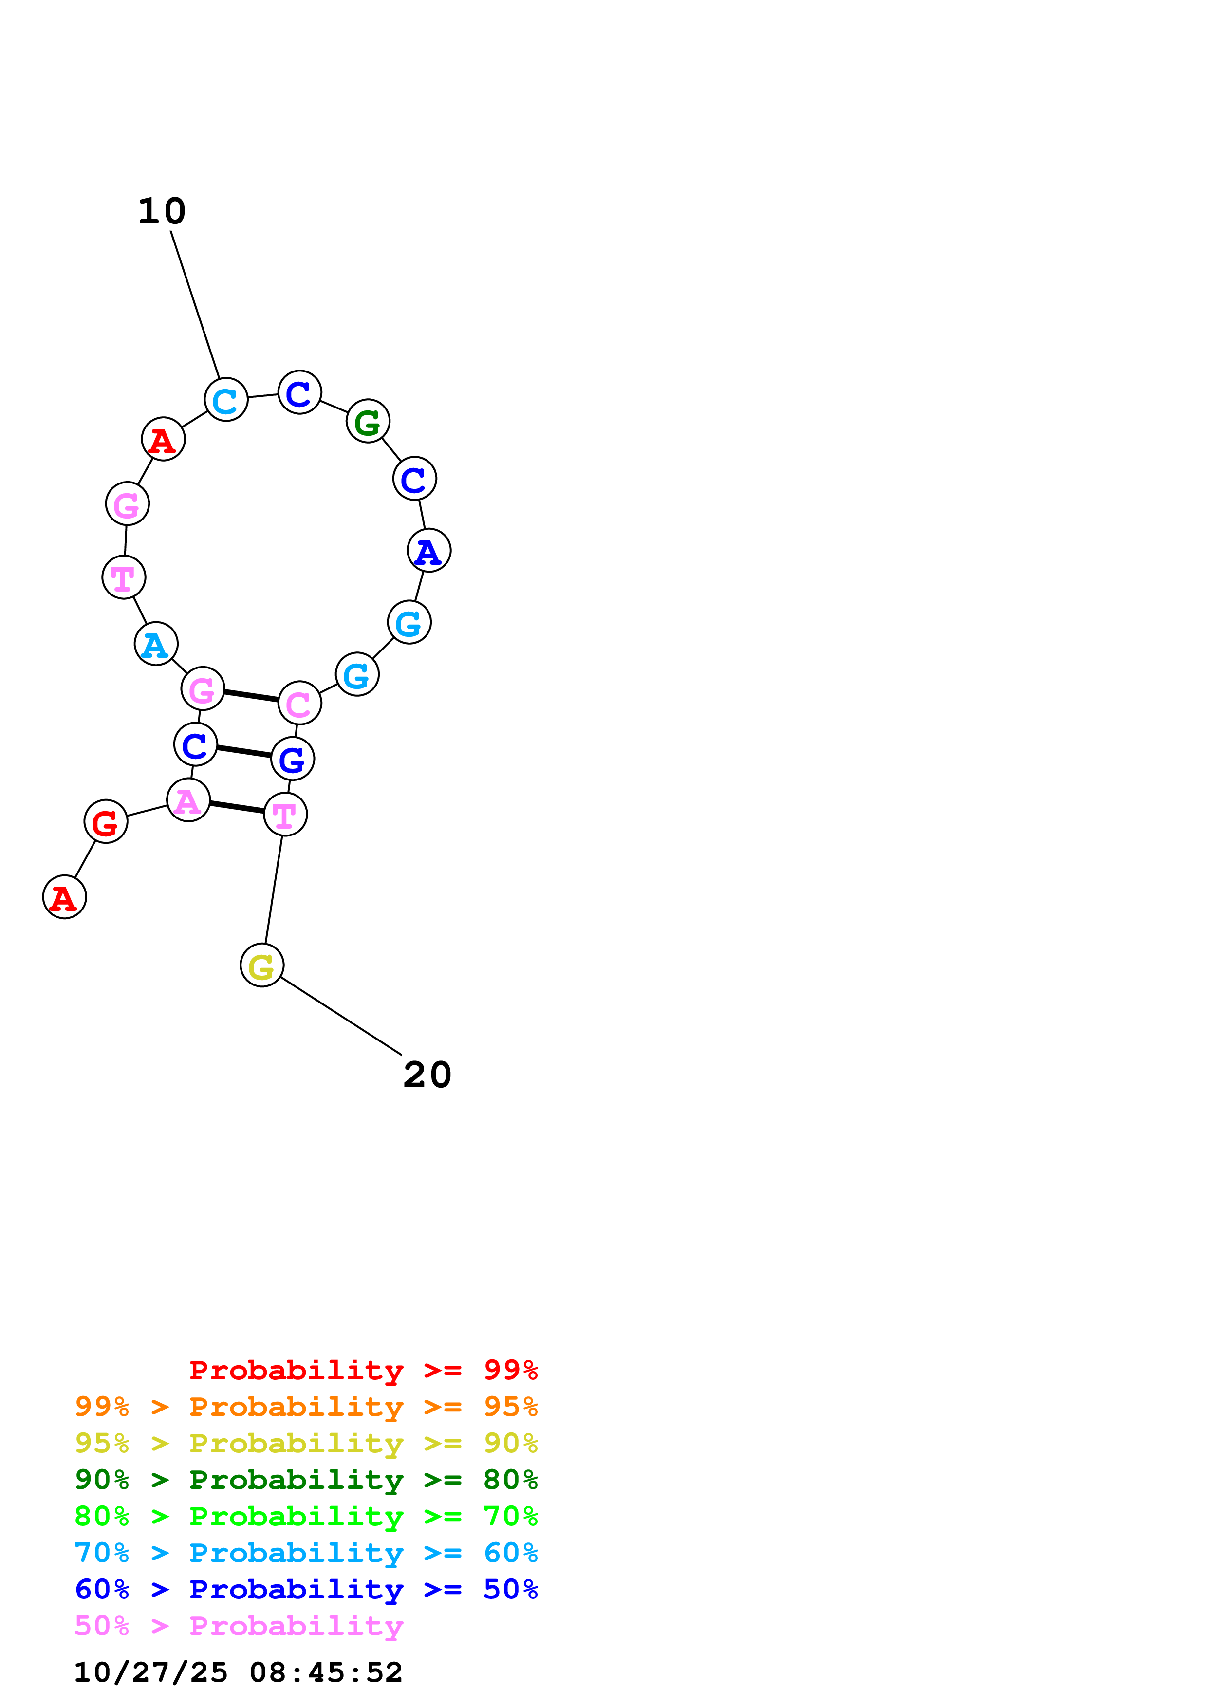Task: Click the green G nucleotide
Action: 368,421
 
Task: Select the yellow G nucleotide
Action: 262,965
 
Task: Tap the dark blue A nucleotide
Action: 429,551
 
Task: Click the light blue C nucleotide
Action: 226,399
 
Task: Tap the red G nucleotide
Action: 106,821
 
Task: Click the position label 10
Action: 162,211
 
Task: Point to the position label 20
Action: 427,1075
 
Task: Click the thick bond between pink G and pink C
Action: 251,696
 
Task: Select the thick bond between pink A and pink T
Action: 237,807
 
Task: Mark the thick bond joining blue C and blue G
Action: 244,751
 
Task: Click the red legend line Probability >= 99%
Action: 363,1370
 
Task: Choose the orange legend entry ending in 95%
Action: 306,1407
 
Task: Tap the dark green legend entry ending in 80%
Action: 306,1480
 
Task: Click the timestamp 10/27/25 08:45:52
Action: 238,1672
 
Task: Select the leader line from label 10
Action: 195,305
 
